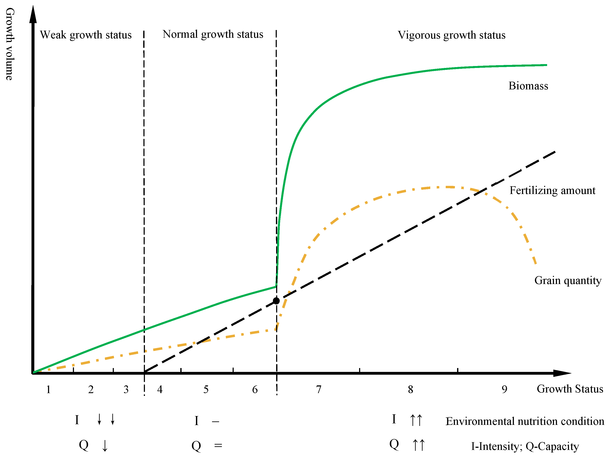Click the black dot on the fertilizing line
tap(276, 301)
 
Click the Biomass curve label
tap(528, 86)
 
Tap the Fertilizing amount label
tap(552, 190)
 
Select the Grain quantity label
tap(568, 281)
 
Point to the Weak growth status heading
tap(86, 35)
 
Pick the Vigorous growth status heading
tap(451, 35)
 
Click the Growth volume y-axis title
tap(10, 44)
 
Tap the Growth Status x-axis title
tap(570, 389)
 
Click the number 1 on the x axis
tap(48, 390)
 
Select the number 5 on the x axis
tap(206, 390)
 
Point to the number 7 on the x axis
tap(319, 390)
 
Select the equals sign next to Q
tap(218, 445)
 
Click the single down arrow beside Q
tap(105, 445)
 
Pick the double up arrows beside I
tap(416, 420)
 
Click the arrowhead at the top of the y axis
tap(33, 14)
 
